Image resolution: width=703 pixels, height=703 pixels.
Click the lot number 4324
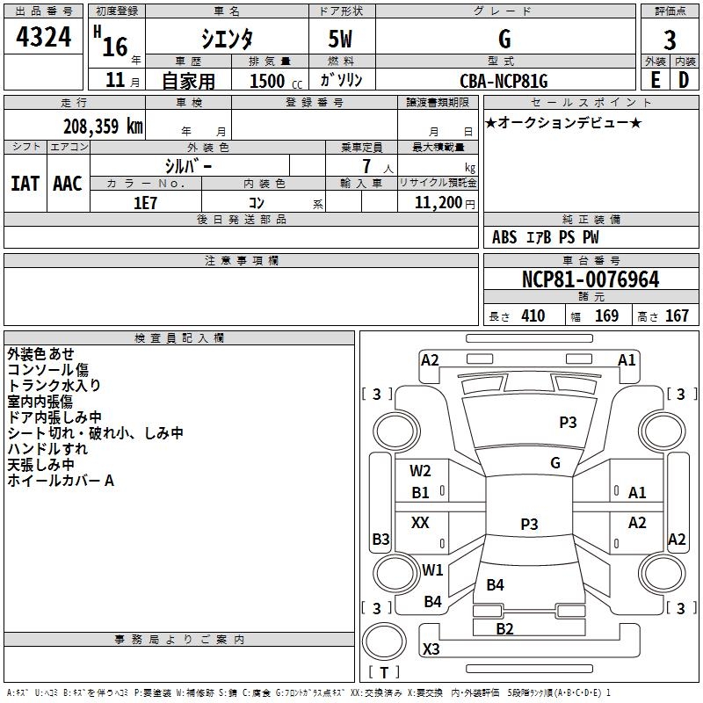43,37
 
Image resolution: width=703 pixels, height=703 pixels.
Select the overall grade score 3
670,40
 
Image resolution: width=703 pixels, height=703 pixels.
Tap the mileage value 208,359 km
103,127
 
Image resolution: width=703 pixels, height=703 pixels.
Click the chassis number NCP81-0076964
591,279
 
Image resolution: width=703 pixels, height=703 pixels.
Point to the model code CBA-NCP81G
504,81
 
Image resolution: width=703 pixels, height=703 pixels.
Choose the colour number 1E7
145,203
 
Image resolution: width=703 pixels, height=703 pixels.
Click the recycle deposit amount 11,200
438,203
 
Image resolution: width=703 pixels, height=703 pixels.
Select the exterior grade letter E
655,80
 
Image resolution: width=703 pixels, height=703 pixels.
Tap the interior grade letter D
684,80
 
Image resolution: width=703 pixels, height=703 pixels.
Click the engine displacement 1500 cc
276,81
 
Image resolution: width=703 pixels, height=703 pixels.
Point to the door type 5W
340,39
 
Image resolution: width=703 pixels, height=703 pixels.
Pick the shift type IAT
25,184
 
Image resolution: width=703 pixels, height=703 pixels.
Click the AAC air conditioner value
68,184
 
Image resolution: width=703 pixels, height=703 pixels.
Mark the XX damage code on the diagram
420,522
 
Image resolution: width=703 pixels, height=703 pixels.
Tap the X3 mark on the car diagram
431,649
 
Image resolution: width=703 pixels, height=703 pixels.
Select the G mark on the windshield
555,463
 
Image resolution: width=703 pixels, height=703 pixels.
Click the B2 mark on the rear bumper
504,629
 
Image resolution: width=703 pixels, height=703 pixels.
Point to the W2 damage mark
420,471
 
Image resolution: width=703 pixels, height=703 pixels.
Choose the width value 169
606,315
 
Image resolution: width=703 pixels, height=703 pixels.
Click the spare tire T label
384,672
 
